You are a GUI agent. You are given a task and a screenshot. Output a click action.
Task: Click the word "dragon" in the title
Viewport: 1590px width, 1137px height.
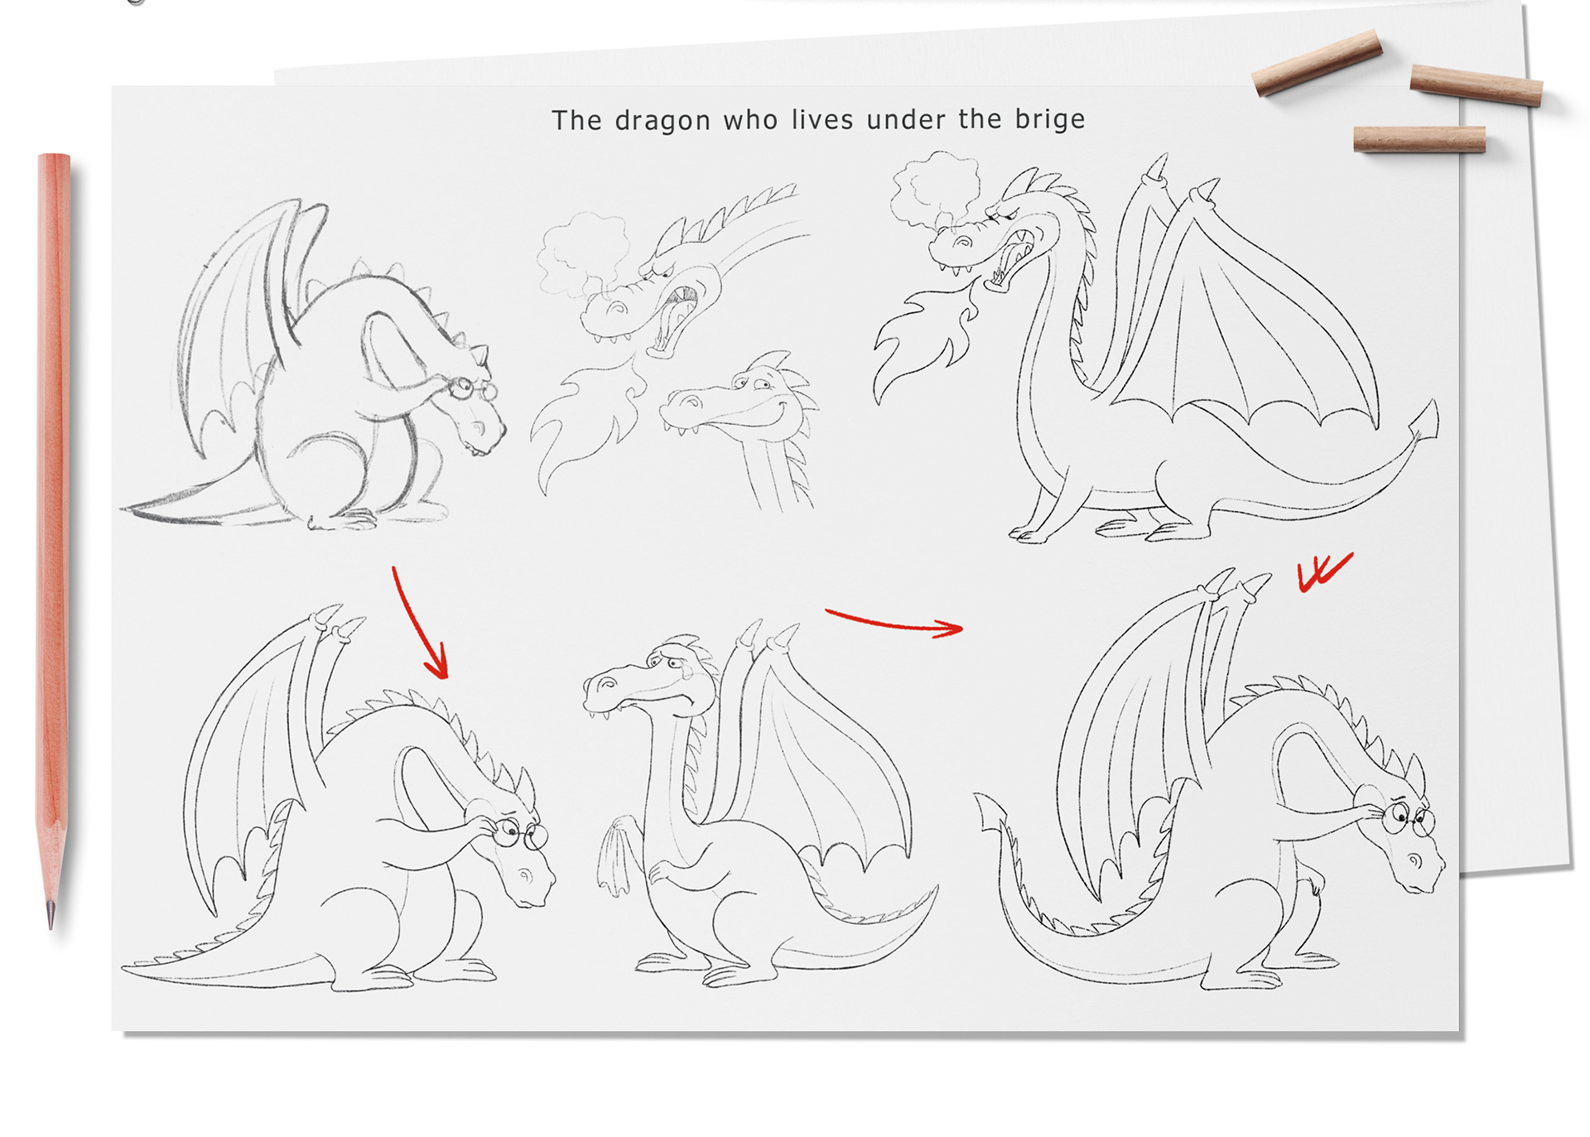(x=662, y=121)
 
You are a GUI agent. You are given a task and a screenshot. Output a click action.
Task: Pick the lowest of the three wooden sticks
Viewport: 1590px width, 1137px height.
(x=1419, y=138)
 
